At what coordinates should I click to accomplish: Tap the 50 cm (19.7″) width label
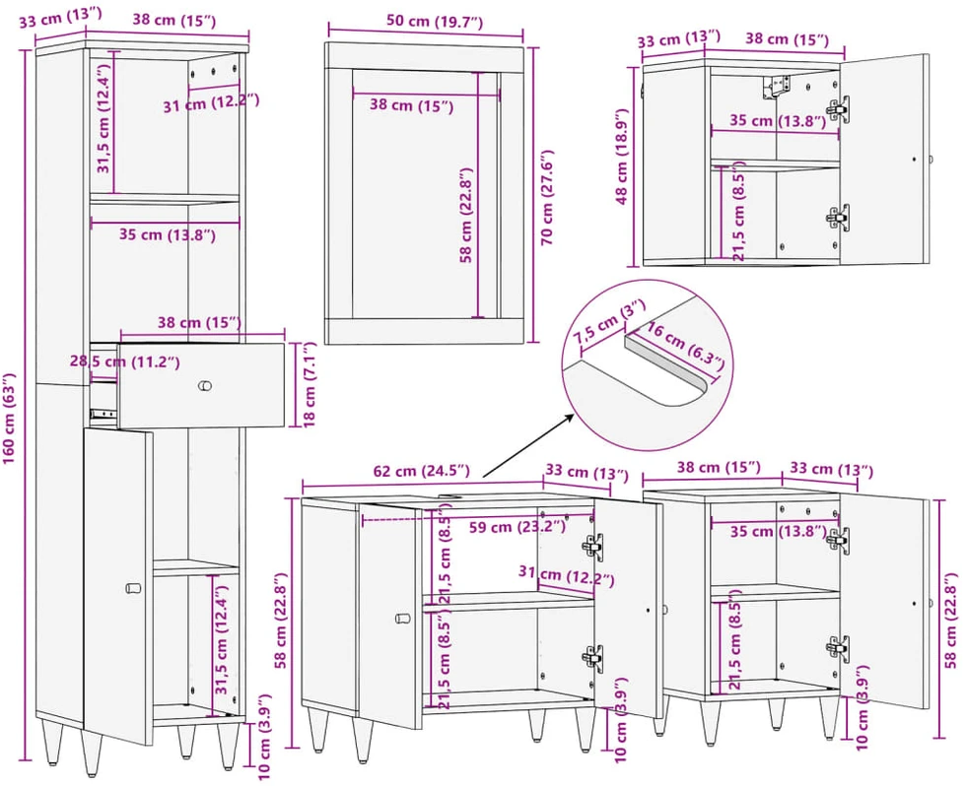[x=435, y=22]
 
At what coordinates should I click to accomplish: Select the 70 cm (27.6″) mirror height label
[x=547, y=197]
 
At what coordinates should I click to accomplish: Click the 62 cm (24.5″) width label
[x=422, y=472]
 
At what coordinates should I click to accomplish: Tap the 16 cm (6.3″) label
[x=685, y=348]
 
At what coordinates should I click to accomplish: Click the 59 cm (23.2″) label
[x=517, y=528]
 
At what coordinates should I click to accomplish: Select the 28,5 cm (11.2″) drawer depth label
[x=124, y=361]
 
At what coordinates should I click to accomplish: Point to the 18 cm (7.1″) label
[x=310, y=385]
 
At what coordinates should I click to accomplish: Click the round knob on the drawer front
[x=205, y=386]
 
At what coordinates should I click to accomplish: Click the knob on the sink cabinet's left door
[x=403, y=618]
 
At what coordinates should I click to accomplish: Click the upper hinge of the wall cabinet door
[x=837, y=108]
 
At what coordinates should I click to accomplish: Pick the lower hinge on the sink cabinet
[x=592, y=658]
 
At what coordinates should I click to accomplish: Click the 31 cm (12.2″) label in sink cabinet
[x=566, y=576]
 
